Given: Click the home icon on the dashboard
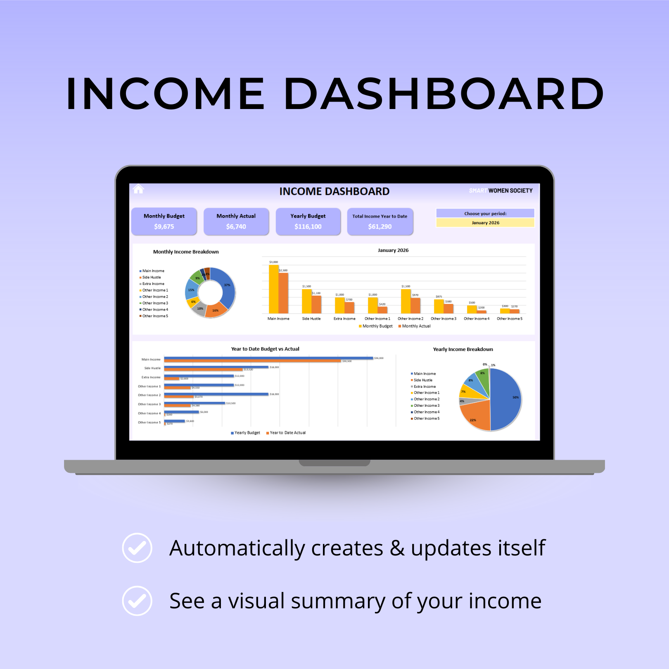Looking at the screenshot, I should pyautogui.click(x=138, y=189).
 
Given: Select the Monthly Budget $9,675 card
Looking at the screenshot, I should pyautogui.click(x=164, y=221).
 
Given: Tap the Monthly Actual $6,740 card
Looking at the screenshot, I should pyautogui.click(x=236, y=221).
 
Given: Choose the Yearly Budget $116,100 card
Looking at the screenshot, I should pyautogui.click(x=308, y=221).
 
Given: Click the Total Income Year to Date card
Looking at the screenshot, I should pyautogui.click(x=380, y=221).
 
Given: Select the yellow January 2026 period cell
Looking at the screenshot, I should pyautogui.click(x=485, y=223).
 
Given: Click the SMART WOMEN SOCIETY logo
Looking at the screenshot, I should pyautogui.click(x=501, y=191).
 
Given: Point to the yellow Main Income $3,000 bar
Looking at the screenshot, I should pyautogui.click(x=273, y=289).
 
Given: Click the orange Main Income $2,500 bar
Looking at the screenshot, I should pyautogui.click(x=283, y=293).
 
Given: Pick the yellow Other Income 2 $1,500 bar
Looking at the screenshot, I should pyautogui.click(x=406, y=301).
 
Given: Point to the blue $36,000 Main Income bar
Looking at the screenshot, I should pyautogui.click(x=268, y=358).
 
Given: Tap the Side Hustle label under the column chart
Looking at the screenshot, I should pyautogui.click(x=311, y=319).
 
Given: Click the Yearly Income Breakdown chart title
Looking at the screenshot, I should pyautogui.click(x=463, y=349).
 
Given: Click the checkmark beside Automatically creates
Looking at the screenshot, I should pyautogui.click(x=137, y=548).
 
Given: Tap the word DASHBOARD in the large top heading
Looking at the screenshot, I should pyautogui.click(x=444, y=94).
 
